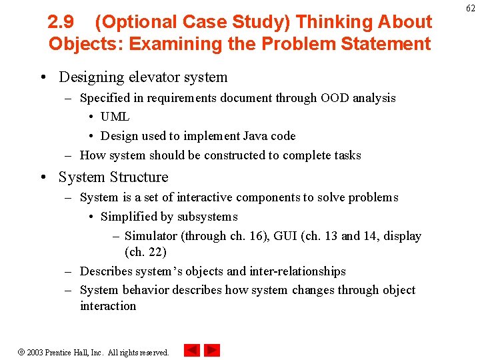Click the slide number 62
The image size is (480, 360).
pyautogui.click(x=470, y=7)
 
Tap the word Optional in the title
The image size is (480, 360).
pyautogui.click(x=137, y=22)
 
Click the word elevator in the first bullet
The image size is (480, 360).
pyautogui.click(x=147, y=77)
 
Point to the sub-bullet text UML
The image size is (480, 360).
pyautogui.click(x=115, y=117)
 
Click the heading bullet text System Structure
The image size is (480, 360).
pyautogui.click(x=113, y=177)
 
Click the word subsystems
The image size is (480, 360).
pyautogui.click(x=207, y=217)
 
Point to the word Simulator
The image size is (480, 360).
pyautogui.click(x=151, y=236)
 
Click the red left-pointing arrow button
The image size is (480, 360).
pyautogui.click(x=191, y=350)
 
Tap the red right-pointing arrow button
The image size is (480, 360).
pyautogui.click(x=212, y=350)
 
